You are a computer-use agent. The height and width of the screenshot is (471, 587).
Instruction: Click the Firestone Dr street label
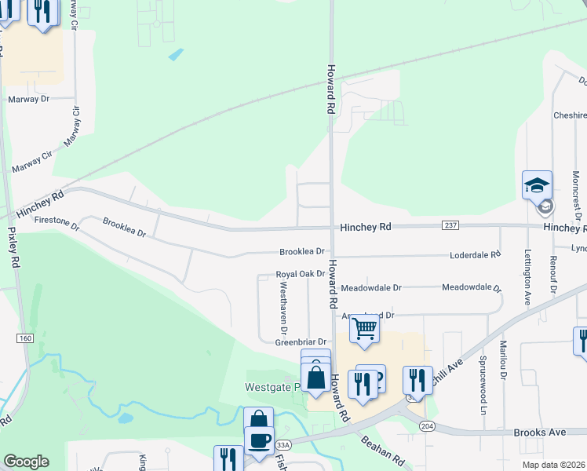57,224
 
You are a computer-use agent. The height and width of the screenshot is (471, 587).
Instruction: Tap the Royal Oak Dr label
300,274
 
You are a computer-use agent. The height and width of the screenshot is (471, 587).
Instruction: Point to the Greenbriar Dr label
300,342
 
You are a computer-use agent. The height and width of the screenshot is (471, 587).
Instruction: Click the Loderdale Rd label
475,255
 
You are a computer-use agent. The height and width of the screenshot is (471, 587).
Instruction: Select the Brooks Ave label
540,433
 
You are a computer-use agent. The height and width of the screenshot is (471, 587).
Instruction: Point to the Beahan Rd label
382,451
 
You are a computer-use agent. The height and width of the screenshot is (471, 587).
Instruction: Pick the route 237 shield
451,226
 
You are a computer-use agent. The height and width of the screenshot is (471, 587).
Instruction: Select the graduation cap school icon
538,185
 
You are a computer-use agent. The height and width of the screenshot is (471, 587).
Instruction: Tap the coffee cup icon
259,440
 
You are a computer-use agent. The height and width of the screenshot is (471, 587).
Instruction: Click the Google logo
26,462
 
